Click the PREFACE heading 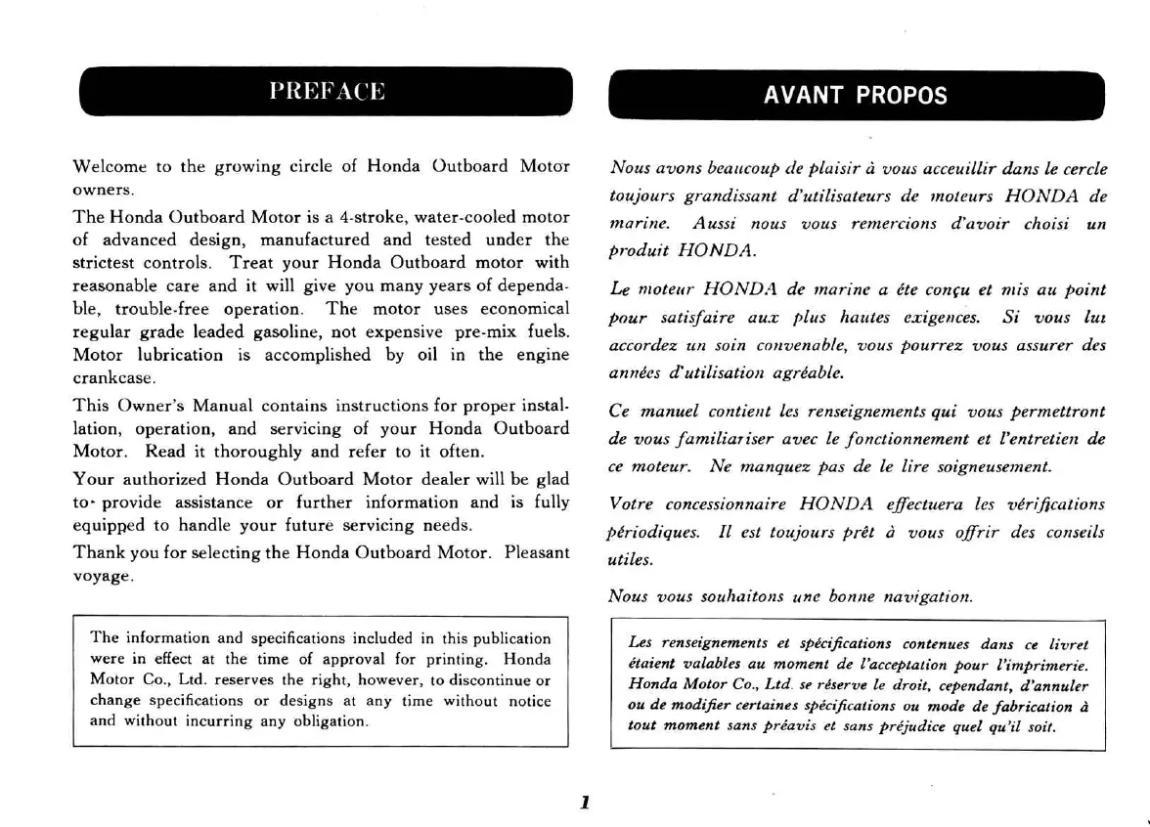(327, 92)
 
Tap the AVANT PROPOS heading (856, 95)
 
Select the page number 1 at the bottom (583, 803)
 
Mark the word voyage (102, 577)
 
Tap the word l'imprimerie (1039, 665)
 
